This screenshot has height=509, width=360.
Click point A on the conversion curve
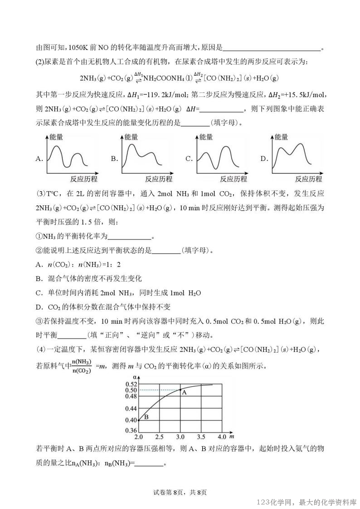(x=180, y=390)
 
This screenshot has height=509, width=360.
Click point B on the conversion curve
(x=139, y=420)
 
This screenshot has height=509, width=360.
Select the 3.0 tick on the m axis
(x=180, y=437)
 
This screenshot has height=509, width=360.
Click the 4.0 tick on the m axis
(x=222, y=437)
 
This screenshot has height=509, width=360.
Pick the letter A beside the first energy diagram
(x=39, y=159)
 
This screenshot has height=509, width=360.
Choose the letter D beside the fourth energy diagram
(x=264, y=159)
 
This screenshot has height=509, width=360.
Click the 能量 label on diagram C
(x=206, y=136)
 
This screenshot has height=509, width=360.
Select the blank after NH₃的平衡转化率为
(x=130, y=236)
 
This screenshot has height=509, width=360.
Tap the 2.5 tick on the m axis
(x=160, y=437)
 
